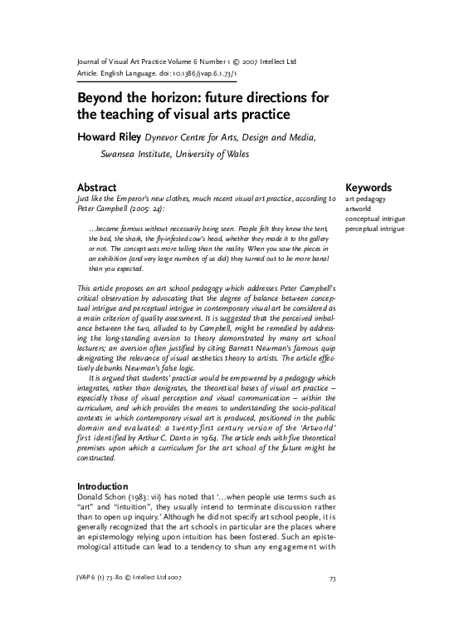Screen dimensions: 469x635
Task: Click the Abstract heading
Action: pyautogui.click(x=96, y=188)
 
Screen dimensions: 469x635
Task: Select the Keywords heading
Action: pyautogui.click(x=369, y=188)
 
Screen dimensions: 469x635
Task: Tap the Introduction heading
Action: pyautogui.click(x=102, y=486)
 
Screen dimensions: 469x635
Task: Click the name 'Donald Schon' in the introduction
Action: pyautogui.click(x=102, y=496)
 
